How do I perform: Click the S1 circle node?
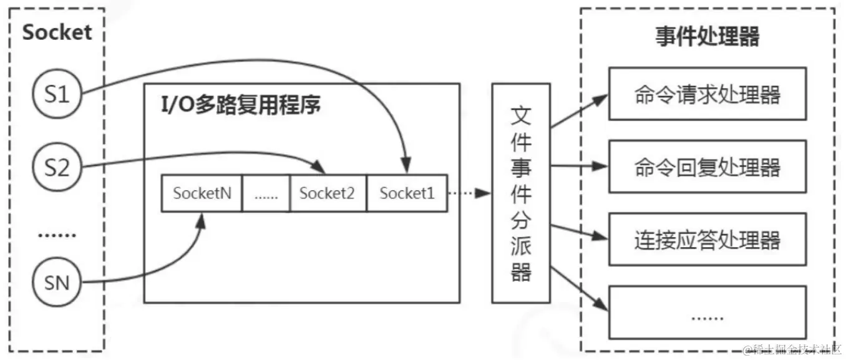click(x=57, y=95)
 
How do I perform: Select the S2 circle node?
click(x=57, y=168)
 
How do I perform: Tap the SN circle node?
click(x=57, y=284)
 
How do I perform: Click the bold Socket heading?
click(x=57, y=32)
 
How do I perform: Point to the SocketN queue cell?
click(x=202, y=193)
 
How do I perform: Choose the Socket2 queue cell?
click(x=327, y=193)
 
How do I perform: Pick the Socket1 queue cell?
click(x=407, y=193)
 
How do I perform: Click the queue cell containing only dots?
click(x=266, y=193)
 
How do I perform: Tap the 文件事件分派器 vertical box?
click(x=521, y=193)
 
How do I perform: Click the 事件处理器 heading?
click(x=707, y=37)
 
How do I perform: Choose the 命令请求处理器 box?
click(x=707, y=94)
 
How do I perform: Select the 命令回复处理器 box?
click(x=707, y=167)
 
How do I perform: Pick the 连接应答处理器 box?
click(x=707, y=239)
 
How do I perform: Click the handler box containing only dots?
click(x=707, y=312)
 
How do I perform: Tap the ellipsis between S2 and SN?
click(x=57, y=235)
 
